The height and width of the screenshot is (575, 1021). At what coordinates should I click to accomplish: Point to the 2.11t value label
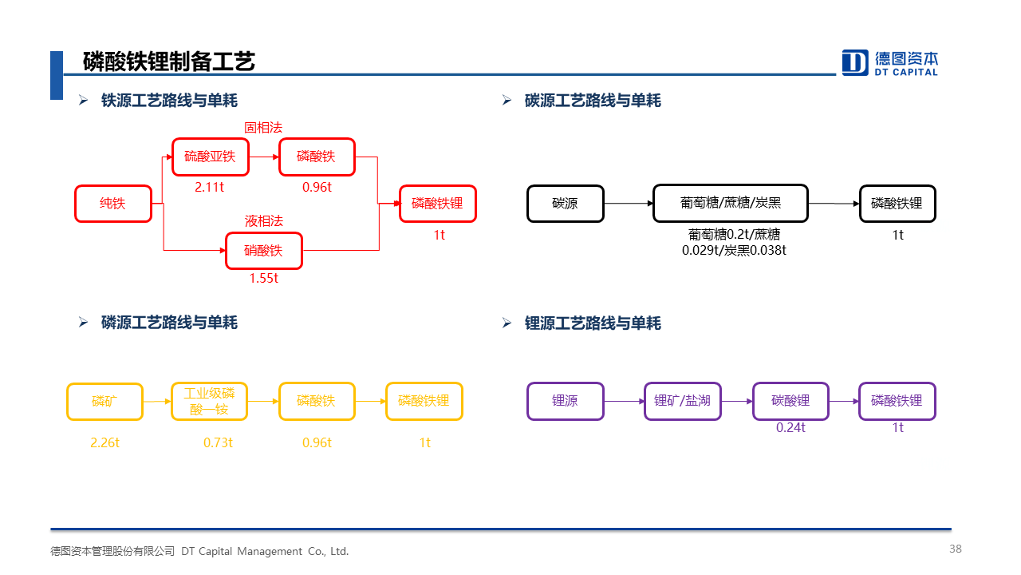[209, 187]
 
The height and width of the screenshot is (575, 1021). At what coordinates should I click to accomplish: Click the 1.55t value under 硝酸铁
[263, 278]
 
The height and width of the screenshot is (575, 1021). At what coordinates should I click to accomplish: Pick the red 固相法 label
[263, 127]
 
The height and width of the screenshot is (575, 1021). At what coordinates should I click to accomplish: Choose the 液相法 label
[263, 221]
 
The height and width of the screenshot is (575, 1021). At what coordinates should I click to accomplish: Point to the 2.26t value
[104, 442]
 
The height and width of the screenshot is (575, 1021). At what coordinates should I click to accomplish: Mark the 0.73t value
[218, 442]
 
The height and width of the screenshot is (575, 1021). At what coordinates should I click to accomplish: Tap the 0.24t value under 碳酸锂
[790, 427]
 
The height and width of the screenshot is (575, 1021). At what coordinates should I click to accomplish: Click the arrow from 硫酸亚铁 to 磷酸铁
[264, 157]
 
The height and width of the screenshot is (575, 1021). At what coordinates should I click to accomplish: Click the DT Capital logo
[889, 62]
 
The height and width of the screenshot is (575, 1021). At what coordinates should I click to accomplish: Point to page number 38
[956, 549]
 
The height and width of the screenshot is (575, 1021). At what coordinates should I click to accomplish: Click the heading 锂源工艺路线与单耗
[593, 323]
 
